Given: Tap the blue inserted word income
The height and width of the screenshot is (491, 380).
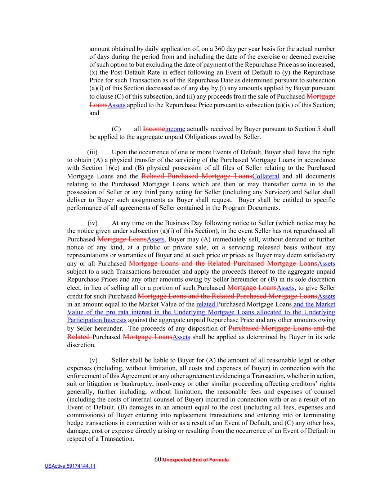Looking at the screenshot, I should (175, 129).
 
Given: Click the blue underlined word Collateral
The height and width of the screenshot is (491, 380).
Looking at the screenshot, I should (266, 176).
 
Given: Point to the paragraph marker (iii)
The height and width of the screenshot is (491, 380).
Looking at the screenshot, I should (92, 152).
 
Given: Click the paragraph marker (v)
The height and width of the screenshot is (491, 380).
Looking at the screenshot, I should (93, 360).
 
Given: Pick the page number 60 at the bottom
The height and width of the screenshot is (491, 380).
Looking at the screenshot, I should (157, 459).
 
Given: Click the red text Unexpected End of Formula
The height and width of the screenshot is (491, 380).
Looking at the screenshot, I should (196, 460).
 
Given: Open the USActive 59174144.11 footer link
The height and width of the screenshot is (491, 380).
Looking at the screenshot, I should (70, 466).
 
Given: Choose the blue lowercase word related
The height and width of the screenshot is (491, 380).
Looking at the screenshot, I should (205, 304).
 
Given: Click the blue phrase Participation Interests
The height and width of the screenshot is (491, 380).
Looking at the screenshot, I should (97, 320).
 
